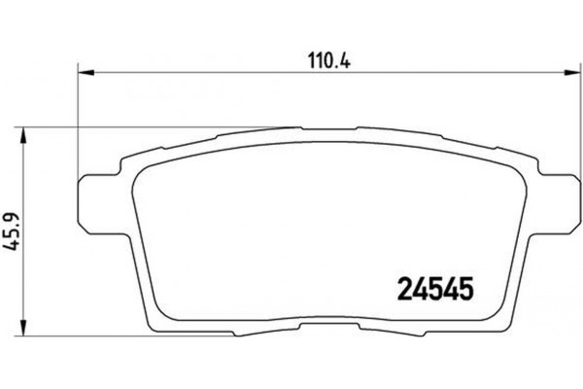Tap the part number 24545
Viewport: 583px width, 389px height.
437,290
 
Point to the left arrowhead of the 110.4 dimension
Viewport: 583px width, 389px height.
83,71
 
